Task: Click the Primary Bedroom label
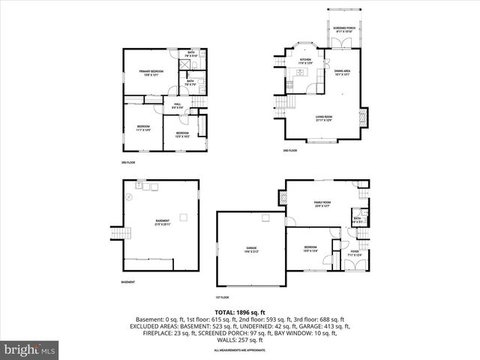coord(151,73)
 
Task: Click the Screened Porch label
coord(344,30)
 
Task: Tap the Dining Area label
coord(342,73)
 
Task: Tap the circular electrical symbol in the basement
coord(128,196)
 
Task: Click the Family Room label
coord(323,205)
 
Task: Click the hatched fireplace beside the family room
coord(283,198)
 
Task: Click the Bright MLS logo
coord(30,349)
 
